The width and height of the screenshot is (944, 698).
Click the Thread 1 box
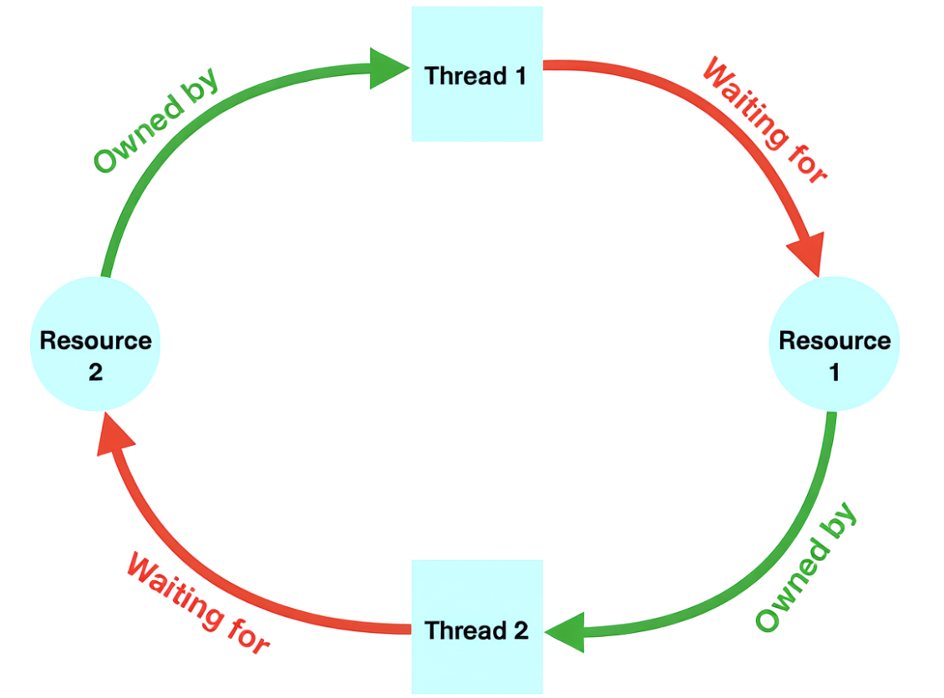coord(476,74)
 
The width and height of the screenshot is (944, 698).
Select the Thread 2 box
coord(476,627)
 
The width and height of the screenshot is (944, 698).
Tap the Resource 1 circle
coord(835,343)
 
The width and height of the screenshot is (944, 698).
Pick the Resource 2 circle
coord(95,343)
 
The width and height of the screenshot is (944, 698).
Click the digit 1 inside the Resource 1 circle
coord(834,372)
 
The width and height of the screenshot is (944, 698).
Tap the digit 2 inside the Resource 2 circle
coord(95,372)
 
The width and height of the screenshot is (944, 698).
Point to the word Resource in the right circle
coord(835,341)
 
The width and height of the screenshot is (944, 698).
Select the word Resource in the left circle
coord(95,341)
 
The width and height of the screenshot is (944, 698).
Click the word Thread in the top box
coord(459,76)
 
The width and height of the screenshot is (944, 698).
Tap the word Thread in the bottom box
coord(459,630)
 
